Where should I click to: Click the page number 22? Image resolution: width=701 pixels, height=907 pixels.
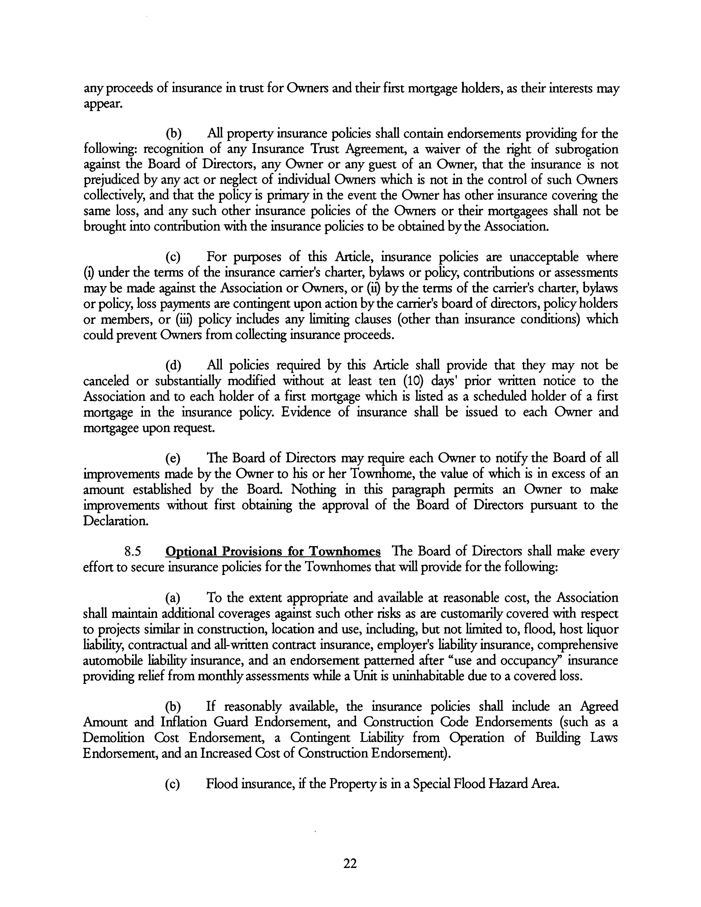click(350, 863)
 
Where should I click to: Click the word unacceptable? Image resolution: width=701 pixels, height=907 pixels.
click(543, 257)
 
